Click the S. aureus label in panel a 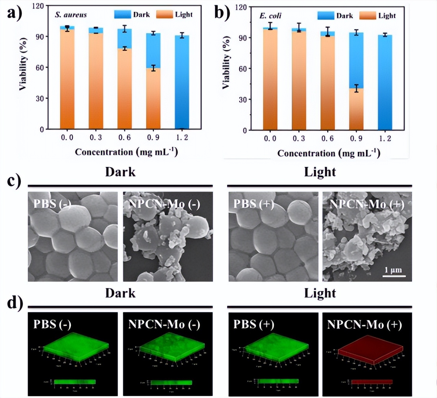click(71, 15)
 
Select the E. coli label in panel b click(270, 16)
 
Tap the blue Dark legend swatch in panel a click(122, 14)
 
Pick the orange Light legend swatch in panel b click(368, 15)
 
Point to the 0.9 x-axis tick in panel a click(153, 137)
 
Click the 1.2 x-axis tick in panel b click(385, 138)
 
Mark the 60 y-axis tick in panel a click(40, 67)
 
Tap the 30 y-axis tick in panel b click(243, 99)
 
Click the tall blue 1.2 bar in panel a click(182, 82)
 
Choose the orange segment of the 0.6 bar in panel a click(124, 89)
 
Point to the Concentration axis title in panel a click(127, 152)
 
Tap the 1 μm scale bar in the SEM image click(393, 275)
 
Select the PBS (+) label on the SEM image click(254, 204)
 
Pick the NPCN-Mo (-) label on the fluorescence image click(164, 324)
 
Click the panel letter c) click(14, 181)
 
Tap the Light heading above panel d click(320, 293)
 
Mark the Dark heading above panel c click(120, 172)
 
